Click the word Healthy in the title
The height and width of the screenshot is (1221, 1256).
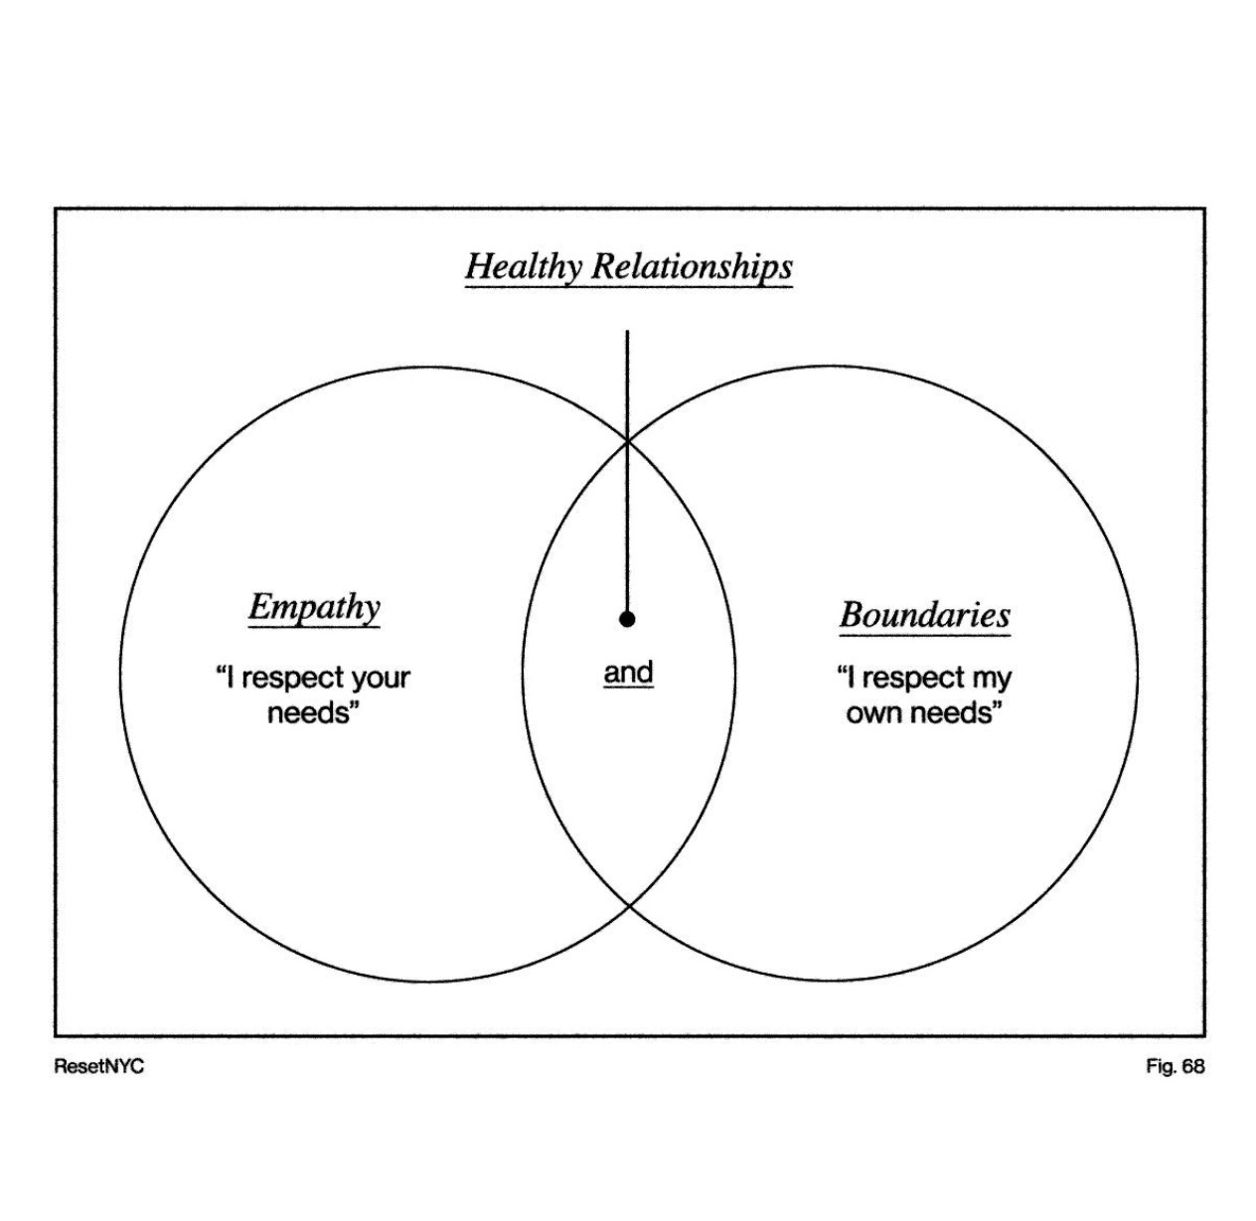point(524,266)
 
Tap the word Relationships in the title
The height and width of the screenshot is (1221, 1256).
point(693,266)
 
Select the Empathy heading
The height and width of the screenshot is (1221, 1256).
point(314,606)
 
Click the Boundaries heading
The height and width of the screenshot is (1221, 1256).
point(925,614)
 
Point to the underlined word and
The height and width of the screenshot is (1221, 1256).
point(628,673)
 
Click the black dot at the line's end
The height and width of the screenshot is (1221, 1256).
point(627,619)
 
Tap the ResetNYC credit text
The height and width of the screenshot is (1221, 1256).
point(99,1066)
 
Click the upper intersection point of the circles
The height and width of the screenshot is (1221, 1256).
point(627,440)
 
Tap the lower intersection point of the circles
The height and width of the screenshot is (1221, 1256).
point(628,906)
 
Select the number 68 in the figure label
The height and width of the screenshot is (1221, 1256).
point(1192,1066)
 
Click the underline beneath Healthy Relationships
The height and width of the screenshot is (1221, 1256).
point(628,288)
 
